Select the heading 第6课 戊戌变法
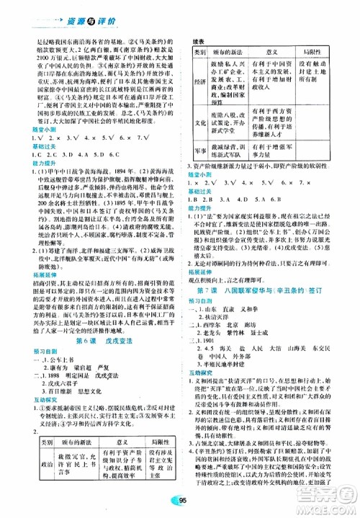coord(94,301)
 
